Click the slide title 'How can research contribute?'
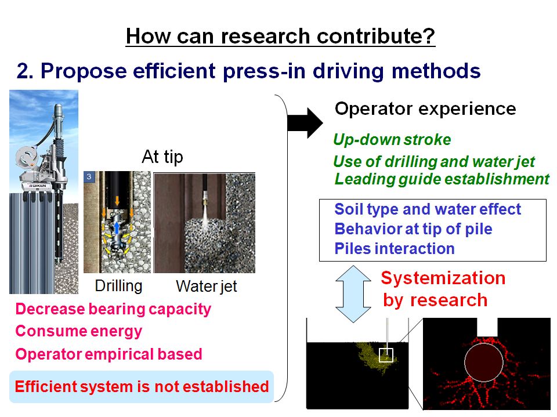[280, 36]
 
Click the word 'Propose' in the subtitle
[84, 71]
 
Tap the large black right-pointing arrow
[305, 123]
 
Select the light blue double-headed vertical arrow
[353, 293]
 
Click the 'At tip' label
[162, 157]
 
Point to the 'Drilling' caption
[118, 286]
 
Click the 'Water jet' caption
[207, 287]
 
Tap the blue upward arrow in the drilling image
[117, 228]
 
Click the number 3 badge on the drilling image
[89, 176]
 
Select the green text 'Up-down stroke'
[392, 140]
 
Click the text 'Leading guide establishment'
[442, 179]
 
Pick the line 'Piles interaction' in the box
[395, 249]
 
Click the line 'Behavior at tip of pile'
[414, 229]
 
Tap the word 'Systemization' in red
[443, 278]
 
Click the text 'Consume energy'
[79, 331]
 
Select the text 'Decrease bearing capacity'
[113, 309]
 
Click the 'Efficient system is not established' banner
[142, 386]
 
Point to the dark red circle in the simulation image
[484, 362]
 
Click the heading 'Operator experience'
[425, 108]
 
